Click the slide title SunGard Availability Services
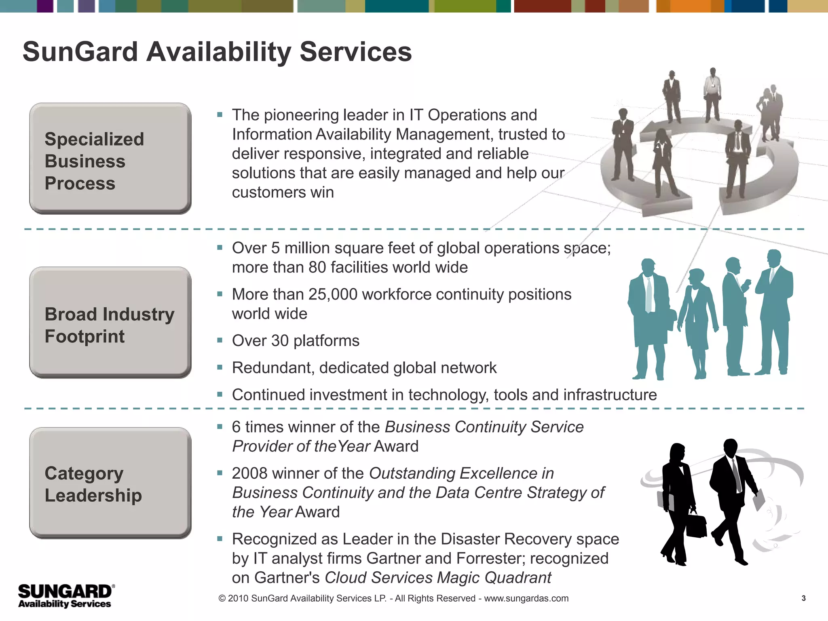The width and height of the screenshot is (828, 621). pos(217,52)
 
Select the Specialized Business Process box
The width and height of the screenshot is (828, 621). pos(110,158)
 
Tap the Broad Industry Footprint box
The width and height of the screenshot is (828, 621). pos(110,323)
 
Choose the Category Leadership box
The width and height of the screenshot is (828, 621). pos(110,483)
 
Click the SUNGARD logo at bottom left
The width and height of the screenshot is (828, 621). pos(66,596)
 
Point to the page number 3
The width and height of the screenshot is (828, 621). pos(803,598)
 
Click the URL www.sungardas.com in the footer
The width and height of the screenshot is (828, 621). pos(526,598)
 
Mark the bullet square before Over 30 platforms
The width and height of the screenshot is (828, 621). pos(220,340)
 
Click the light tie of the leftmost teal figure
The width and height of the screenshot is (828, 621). pos(649,295)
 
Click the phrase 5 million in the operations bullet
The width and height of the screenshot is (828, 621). pos(299,248)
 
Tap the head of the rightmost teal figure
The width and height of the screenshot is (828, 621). pos(774,258)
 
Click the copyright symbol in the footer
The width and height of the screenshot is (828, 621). pos(222,598)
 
